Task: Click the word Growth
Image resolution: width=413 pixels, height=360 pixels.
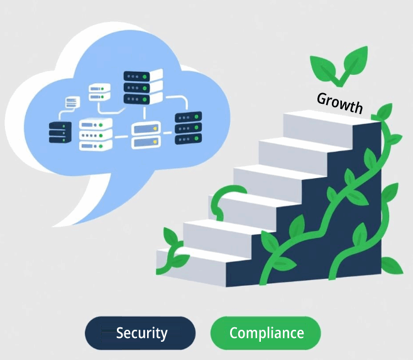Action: point(340,103)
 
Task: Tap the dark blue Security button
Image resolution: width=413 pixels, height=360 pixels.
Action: point(140,333)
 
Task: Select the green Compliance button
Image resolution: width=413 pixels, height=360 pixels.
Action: point(266,333)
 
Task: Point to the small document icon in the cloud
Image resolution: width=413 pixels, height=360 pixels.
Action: point(72,102)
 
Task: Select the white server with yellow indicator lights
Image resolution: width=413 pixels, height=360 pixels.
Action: point(146,135)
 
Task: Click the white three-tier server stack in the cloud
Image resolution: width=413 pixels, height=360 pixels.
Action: point(96,135)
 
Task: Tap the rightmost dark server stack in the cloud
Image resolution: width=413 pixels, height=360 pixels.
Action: point(189,128)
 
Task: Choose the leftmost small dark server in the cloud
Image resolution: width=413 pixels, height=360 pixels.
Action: point(60,132)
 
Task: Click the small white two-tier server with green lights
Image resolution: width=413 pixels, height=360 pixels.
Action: point(99,92)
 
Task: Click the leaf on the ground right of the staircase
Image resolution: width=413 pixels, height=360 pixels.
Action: point(392,266)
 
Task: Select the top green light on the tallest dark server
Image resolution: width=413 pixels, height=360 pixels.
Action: point(145,77)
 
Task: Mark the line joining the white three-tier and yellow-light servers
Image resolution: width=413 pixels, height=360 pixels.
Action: point(122,137)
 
